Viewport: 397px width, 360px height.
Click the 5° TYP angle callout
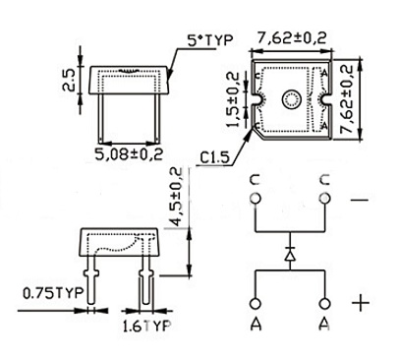pos(210,40)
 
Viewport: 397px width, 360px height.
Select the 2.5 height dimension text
pos(69,80)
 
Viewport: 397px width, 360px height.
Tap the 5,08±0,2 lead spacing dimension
pos(129,154)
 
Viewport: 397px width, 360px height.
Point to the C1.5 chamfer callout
pos(215,158)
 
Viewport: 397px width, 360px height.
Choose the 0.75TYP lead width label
pos(53,293)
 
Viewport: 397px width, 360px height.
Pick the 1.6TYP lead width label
pos(146,326)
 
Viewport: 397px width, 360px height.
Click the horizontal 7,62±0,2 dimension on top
pos(292,38)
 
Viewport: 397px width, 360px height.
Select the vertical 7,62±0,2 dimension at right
pos(346,99)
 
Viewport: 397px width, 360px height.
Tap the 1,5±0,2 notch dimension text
pos(233,99)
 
